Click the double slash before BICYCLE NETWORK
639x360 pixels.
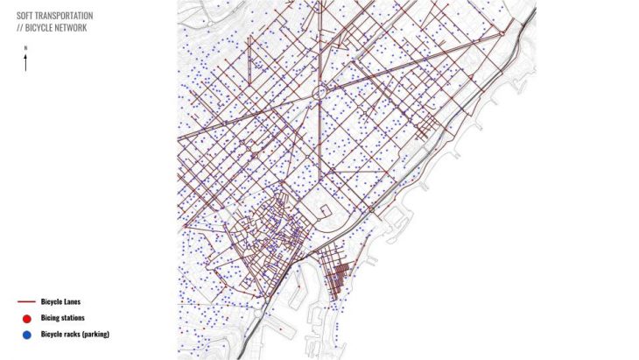tap(20, 27)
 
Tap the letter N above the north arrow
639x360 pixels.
tap(26, 50)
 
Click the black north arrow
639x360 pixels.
tap(26, 63)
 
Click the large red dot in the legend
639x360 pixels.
tap(26, 318)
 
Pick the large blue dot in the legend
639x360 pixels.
tap(26, 334)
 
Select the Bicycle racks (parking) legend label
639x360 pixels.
tap(74, 334)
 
